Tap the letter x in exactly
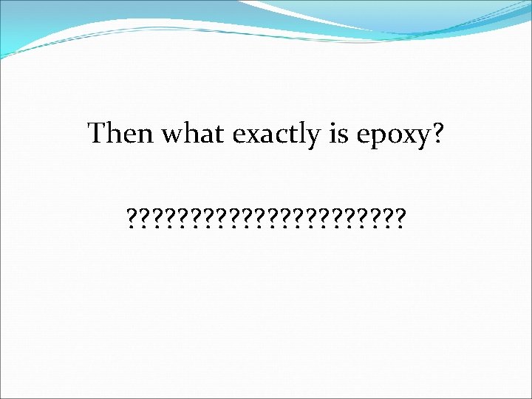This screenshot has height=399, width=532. click(x=250, y=135)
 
